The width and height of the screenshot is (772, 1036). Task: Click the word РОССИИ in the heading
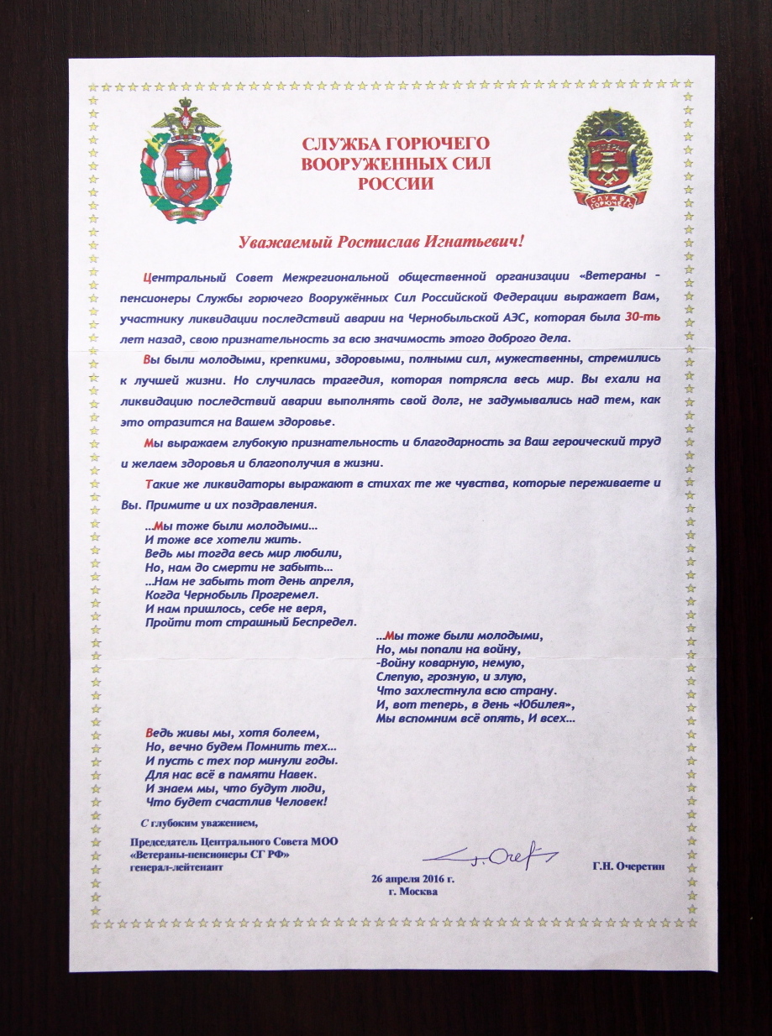396,183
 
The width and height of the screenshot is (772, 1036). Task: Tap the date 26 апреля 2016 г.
412,878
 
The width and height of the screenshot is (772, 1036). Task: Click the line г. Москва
412,892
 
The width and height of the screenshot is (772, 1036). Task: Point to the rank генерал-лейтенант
177,867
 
